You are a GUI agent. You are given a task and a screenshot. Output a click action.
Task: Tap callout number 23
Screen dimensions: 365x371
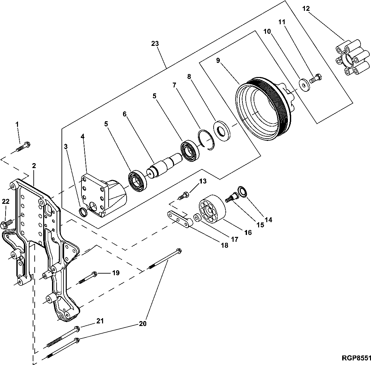(156, 43)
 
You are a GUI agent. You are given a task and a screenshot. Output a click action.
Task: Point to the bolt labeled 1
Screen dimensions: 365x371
(23, 147)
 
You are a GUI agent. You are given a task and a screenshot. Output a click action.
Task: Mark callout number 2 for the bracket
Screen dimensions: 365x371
(33, 165)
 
